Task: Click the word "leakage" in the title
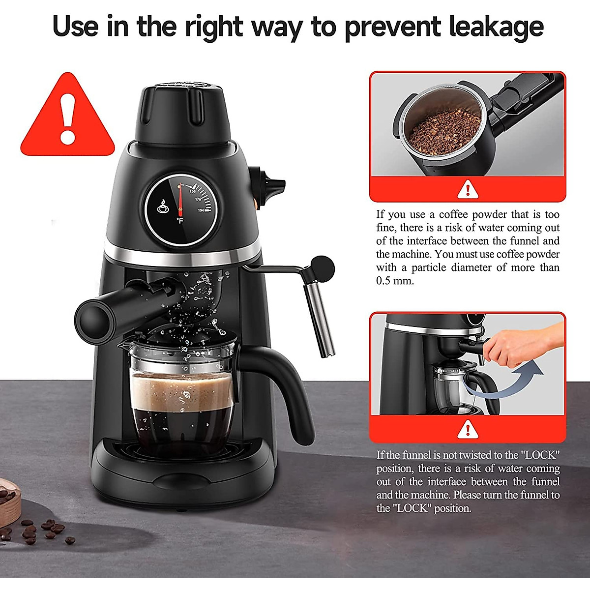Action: point(497,27)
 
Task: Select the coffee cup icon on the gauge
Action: point(162,207)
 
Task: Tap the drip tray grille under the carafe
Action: point(182,450)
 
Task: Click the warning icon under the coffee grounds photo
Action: point(467,189)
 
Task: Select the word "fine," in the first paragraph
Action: point(386,228)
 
